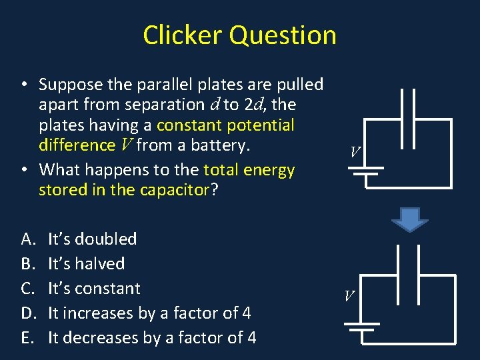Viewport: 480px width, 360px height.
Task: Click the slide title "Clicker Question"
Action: [x=239, y=35]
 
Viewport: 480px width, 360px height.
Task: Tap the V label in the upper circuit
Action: [x=356, y=152]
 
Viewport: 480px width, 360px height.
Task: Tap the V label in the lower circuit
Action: [x=350, y=295]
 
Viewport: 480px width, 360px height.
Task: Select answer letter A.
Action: [x=27, y=239]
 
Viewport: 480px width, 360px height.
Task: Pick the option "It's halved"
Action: [x=86, y=263]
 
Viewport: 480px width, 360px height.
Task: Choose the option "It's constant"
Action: [x=94, y=288]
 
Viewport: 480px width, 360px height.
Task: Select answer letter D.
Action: [x=28, y=313]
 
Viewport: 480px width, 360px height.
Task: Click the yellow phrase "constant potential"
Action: [x=225, y=125]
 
